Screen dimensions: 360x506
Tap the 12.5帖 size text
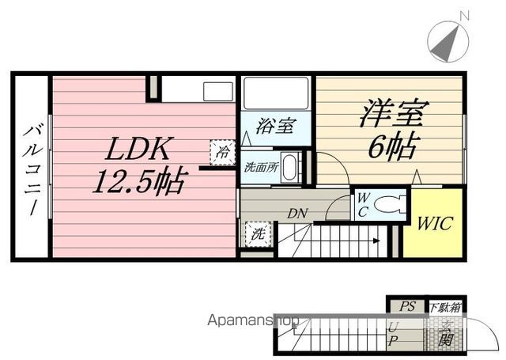click(139, 184)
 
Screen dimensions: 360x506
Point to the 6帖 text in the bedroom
click(392, 146)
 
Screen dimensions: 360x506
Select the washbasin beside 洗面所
click(290, 168)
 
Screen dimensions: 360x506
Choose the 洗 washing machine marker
click(258, 233)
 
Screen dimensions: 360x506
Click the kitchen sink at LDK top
click(217, 91)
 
